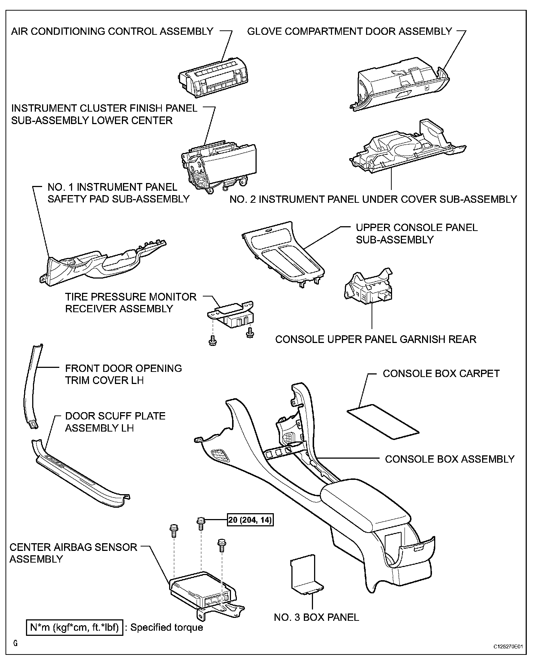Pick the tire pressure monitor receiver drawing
[x=231, y=315]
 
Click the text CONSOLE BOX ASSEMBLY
[x=450, y=459]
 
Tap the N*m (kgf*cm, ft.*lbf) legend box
[x=74, y=627]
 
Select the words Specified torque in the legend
[x=167, y=627]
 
